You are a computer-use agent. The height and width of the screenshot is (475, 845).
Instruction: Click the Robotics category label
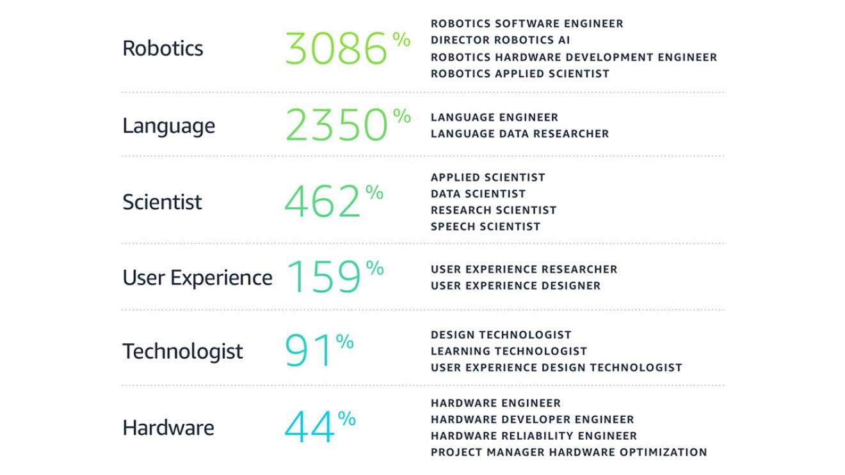click(163, 49)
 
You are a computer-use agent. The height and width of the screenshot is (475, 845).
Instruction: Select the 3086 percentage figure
click(338, 49)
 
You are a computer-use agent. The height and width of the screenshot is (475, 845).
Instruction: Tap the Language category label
click(168, 126)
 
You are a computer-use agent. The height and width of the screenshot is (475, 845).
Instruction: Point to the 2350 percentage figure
click(338, 125)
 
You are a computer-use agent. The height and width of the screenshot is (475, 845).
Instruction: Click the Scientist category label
click(162, 202)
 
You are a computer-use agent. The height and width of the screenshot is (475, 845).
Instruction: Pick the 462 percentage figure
click(323, 202)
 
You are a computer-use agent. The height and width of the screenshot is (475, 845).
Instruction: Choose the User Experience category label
click(197, 278)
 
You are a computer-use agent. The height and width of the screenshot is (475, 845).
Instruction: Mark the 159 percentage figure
click(325, 277)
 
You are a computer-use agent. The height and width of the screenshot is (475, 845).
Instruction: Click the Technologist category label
click(182, 351)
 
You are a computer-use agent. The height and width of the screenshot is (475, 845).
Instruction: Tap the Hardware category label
click(168, 428)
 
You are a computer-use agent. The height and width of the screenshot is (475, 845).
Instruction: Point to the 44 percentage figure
click(310, 428)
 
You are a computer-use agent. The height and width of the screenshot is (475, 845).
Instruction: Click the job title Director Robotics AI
click(500, 40)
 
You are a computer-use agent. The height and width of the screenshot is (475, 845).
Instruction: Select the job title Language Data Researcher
click(519, 134)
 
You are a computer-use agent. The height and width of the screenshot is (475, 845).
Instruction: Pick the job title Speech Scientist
click(485, 226)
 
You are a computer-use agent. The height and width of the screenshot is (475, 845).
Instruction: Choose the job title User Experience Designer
click(515, 286)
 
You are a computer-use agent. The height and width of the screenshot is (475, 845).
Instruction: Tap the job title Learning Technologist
click(508, 351)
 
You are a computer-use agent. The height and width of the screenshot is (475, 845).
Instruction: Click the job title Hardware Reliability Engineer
click(533, 436)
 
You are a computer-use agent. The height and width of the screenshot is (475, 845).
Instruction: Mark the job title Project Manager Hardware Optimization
click(568, 452)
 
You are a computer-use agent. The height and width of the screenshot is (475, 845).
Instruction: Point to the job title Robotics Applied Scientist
click(520, 74)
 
